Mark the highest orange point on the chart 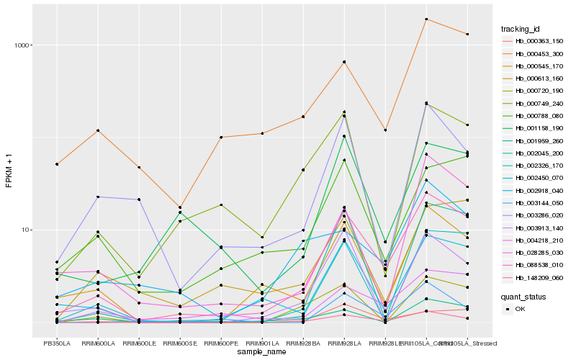(426, 19)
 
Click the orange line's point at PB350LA (56, 164)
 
